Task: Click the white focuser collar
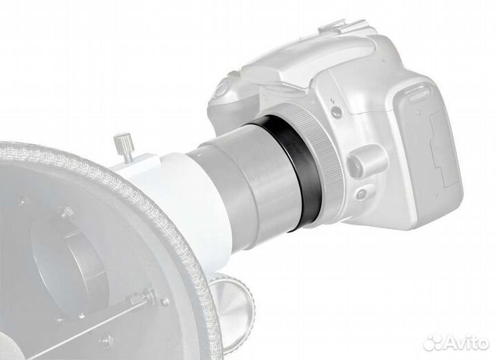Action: tap(163, 186)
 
